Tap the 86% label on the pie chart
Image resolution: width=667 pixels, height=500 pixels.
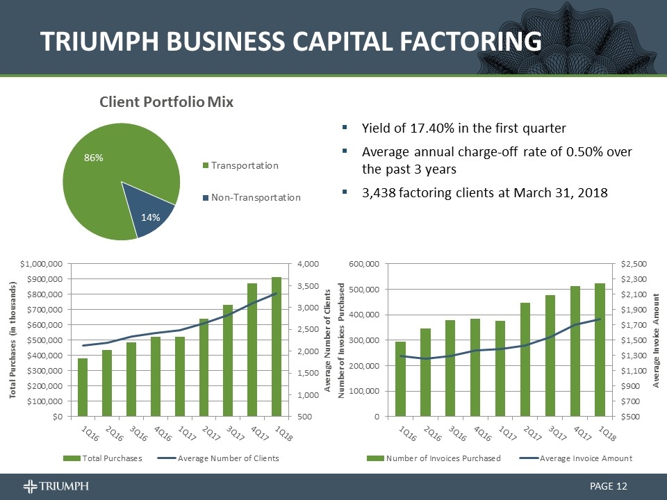[94, 158]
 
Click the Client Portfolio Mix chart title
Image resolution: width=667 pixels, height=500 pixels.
[166, 102]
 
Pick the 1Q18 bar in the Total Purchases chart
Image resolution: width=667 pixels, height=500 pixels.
[277, 347]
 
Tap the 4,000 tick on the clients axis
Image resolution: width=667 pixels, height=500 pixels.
[308, 264]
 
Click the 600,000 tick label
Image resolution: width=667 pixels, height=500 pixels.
[363, 264]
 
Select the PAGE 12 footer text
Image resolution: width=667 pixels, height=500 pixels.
[608, 485]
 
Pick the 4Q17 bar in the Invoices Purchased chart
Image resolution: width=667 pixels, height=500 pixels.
[575, 351]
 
